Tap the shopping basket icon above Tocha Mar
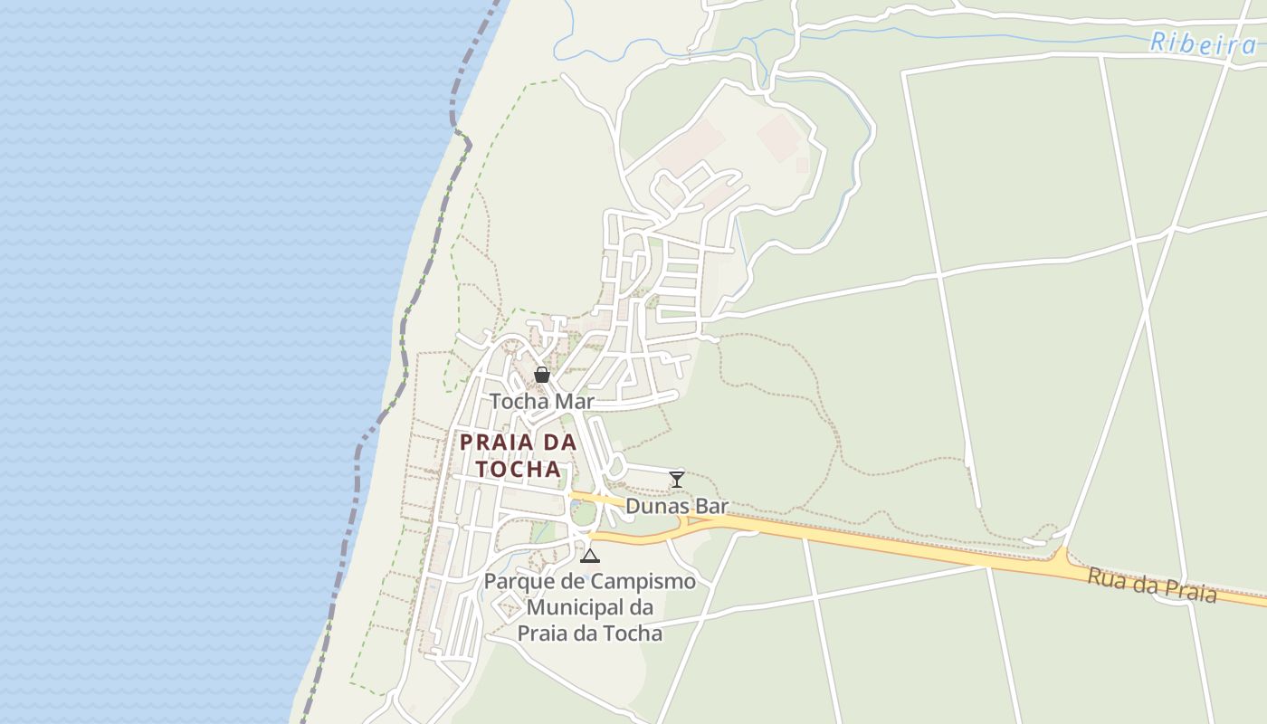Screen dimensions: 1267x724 [x=542, y=374]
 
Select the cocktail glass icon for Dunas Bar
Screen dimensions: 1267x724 [x=676, y=479]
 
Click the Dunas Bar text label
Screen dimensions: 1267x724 [x=677, y=506]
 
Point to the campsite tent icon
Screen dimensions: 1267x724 [x=590, y=556]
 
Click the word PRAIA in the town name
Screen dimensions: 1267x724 [x=500, y=443]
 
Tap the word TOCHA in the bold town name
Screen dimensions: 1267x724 [x=519, y=470]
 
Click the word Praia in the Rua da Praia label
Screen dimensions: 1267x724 [x=1189, y=591]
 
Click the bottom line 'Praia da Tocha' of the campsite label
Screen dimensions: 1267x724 [x=590, y=633]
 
